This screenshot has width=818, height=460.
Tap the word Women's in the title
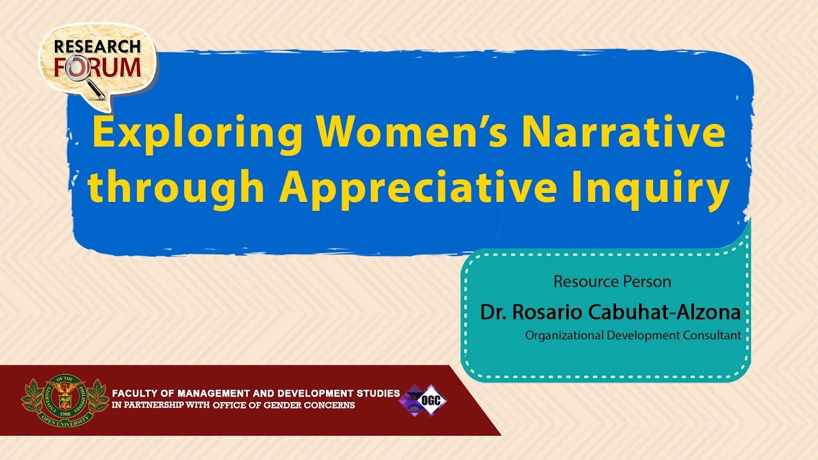pos(412,131)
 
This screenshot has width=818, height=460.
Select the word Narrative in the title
pos(623,131)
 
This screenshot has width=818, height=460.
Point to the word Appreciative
pos(418,189)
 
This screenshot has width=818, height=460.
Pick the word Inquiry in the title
pos(651,189)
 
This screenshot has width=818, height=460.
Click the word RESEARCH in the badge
pos(97,47)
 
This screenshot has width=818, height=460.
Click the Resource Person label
pos(612,282)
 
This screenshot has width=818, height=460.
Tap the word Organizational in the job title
pos(564,335)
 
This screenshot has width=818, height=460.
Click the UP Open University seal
pos(65,400)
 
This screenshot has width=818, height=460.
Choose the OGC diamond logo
pos(423,401)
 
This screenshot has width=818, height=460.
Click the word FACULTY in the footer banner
pos(135,394)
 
